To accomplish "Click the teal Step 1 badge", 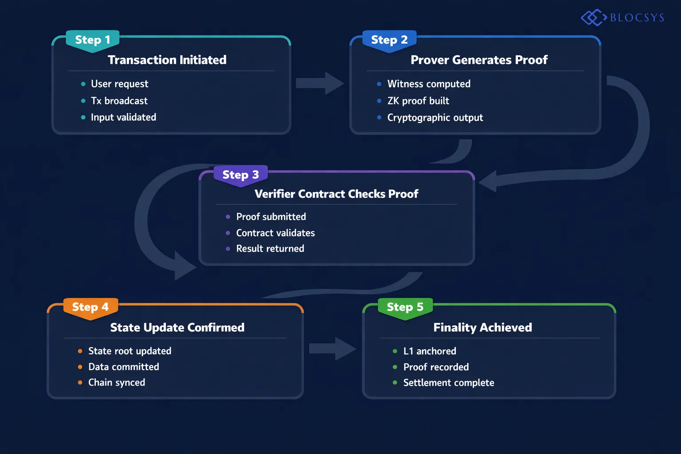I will tap(92, 40).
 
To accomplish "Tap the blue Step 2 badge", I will tap(389, 40).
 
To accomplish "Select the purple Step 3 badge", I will tap(240, 175).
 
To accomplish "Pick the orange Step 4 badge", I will tap(90, 307).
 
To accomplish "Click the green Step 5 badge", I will tap(405, 307).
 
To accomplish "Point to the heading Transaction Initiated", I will tap(167, 60).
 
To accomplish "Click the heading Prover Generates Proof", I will tap(479, 60).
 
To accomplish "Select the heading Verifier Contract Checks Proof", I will tap(336, 194).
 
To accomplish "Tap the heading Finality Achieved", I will tap(482, 327).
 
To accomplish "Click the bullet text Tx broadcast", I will tap(119, 101).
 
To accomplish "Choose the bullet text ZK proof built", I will tap(418, 101).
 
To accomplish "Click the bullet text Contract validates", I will tap(275, 233).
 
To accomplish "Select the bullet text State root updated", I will tap(129, 351).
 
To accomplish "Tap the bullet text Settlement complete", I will tap(448, 383).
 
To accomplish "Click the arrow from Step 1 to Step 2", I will tap(319, 83).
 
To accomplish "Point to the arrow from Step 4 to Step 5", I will tap(333, 348).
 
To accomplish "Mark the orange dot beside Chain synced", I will tap(80, 383).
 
